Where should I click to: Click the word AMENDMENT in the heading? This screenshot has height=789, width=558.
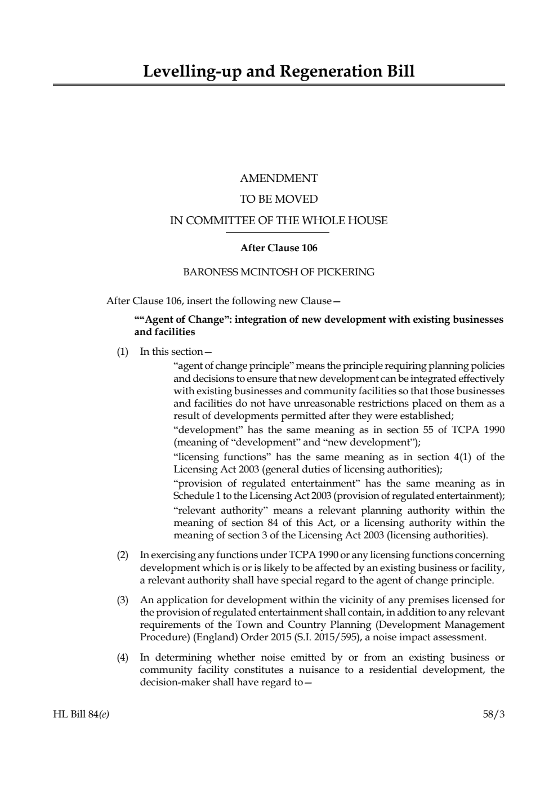pos(279,179)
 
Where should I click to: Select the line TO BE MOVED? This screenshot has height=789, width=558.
pos(279,199)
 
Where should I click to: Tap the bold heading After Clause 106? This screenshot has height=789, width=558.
pos(279,248)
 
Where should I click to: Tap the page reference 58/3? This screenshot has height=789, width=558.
pos(494,715)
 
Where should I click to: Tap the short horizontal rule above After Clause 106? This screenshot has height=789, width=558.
pos(279,232)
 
